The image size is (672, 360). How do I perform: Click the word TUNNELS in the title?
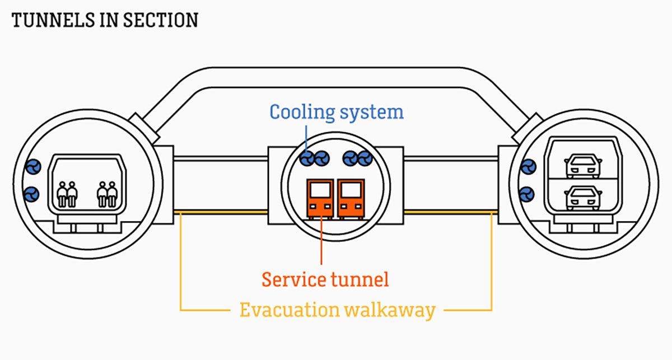[46, 21]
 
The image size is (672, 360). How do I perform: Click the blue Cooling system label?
[337, 112]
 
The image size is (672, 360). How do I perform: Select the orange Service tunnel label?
[325, 279]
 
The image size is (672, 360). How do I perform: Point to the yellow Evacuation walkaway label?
[337, 310]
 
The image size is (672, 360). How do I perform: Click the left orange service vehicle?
[320, 198]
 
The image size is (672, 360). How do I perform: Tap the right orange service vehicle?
[351, 198]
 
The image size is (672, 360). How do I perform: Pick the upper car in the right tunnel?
[583, 166]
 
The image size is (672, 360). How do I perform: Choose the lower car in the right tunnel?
[583, 198]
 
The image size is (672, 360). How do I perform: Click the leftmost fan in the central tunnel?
[307, 158]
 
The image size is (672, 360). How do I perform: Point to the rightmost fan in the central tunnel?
[365, 158]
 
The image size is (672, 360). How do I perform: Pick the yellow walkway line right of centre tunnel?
[451, 212]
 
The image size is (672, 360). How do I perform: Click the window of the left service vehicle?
[320, 190]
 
